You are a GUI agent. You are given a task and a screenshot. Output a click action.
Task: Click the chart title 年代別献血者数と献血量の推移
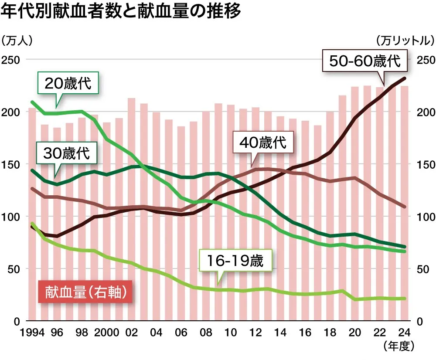point(121,12)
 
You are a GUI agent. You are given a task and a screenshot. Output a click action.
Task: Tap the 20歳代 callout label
point(69,83)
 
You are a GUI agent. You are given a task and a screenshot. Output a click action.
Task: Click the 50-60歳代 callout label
point(364,61)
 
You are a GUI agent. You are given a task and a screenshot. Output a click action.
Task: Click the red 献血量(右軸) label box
point(85,292)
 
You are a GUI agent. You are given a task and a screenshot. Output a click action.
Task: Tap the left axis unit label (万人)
point(17,41)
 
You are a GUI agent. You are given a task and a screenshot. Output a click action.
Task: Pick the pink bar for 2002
point(131,209)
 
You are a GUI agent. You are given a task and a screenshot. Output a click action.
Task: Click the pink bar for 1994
point(32,214)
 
